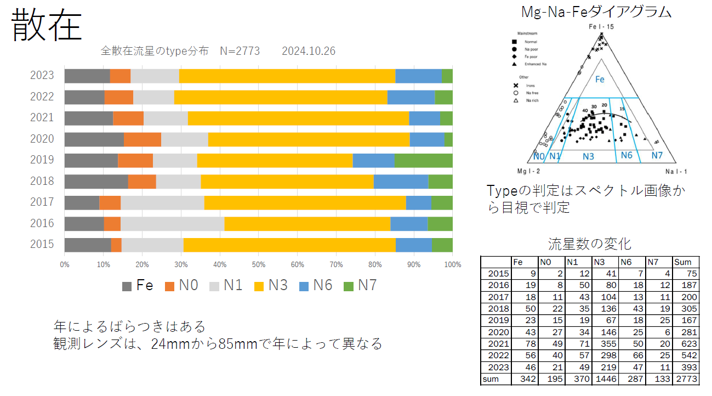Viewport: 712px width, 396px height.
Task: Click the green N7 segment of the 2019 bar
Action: click(x=423, y=160)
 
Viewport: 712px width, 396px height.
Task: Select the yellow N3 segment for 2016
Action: click(x=307, y=224)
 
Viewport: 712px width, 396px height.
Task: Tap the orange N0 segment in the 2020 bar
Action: click(x=143, y=139)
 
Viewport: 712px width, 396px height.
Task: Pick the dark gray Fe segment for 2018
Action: click(x=96, y=182)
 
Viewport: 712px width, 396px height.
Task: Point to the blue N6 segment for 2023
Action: click(x=418, y=76)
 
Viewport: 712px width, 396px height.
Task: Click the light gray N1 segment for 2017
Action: click(x=162, y=202)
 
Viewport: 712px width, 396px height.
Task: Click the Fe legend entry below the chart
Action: click(x=138, y=285)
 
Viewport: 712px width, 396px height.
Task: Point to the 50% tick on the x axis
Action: click(x=259, y=264)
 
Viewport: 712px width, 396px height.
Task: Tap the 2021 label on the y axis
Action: click(x=42, y=117)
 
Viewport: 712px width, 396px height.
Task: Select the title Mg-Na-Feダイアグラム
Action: click(x=596, y=12)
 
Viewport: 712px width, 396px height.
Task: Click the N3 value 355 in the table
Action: click(x=605, y=343)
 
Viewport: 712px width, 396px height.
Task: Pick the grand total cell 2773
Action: click(x=687, y=379)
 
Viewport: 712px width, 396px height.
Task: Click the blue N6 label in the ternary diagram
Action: click(x=626, y=156)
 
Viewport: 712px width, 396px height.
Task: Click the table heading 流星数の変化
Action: click(x=589, y=244)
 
